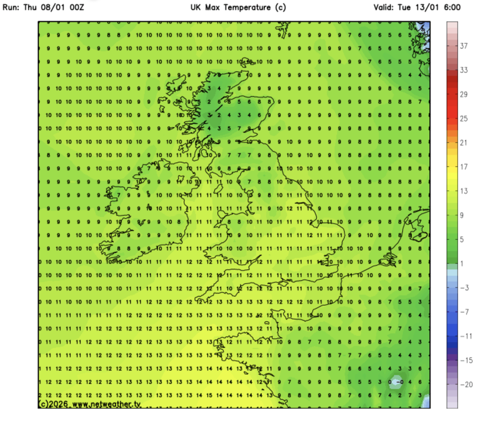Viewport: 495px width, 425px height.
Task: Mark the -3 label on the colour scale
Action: click(x=465, y=288)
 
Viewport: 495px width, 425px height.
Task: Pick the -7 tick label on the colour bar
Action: click(x=465, y=312)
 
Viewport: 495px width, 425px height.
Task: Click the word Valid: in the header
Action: click(x=385, y=8)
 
